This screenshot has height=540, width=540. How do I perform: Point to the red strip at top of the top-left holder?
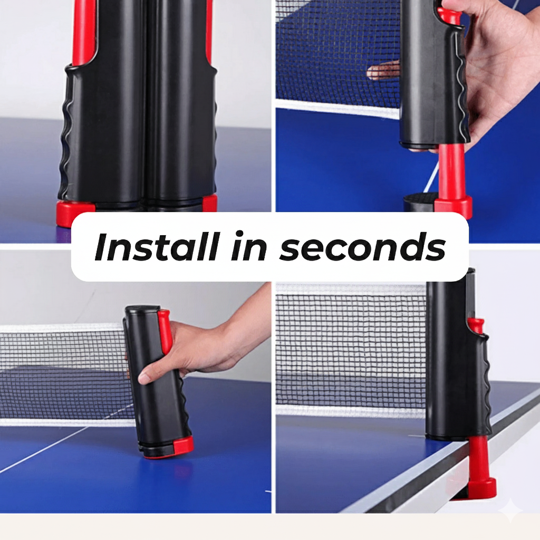click(x=84, y=32)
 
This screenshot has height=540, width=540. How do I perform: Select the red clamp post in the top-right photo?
click(x=452, y=174)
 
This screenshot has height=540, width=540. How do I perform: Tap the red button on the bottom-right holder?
click(x=476, y=325)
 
